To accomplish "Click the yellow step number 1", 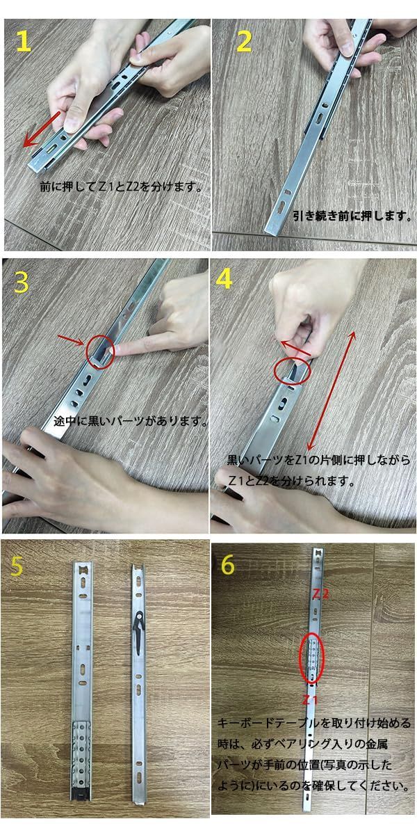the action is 24,41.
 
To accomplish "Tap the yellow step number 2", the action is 244,41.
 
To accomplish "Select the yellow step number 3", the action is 21,283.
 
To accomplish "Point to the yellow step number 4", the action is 224,280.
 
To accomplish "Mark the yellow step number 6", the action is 228,564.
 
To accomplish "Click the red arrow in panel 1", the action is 41,129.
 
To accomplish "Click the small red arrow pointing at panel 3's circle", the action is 71,340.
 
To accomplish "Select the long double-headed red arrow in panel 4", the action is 331,390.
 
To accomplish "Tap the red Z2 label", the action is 320,594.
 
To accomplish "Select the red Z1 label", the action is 310,700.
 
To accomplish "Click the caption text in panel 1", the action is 121,186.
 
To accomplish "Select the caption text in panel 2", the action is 352,216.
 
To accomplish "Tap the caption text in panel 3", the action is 131,421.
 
